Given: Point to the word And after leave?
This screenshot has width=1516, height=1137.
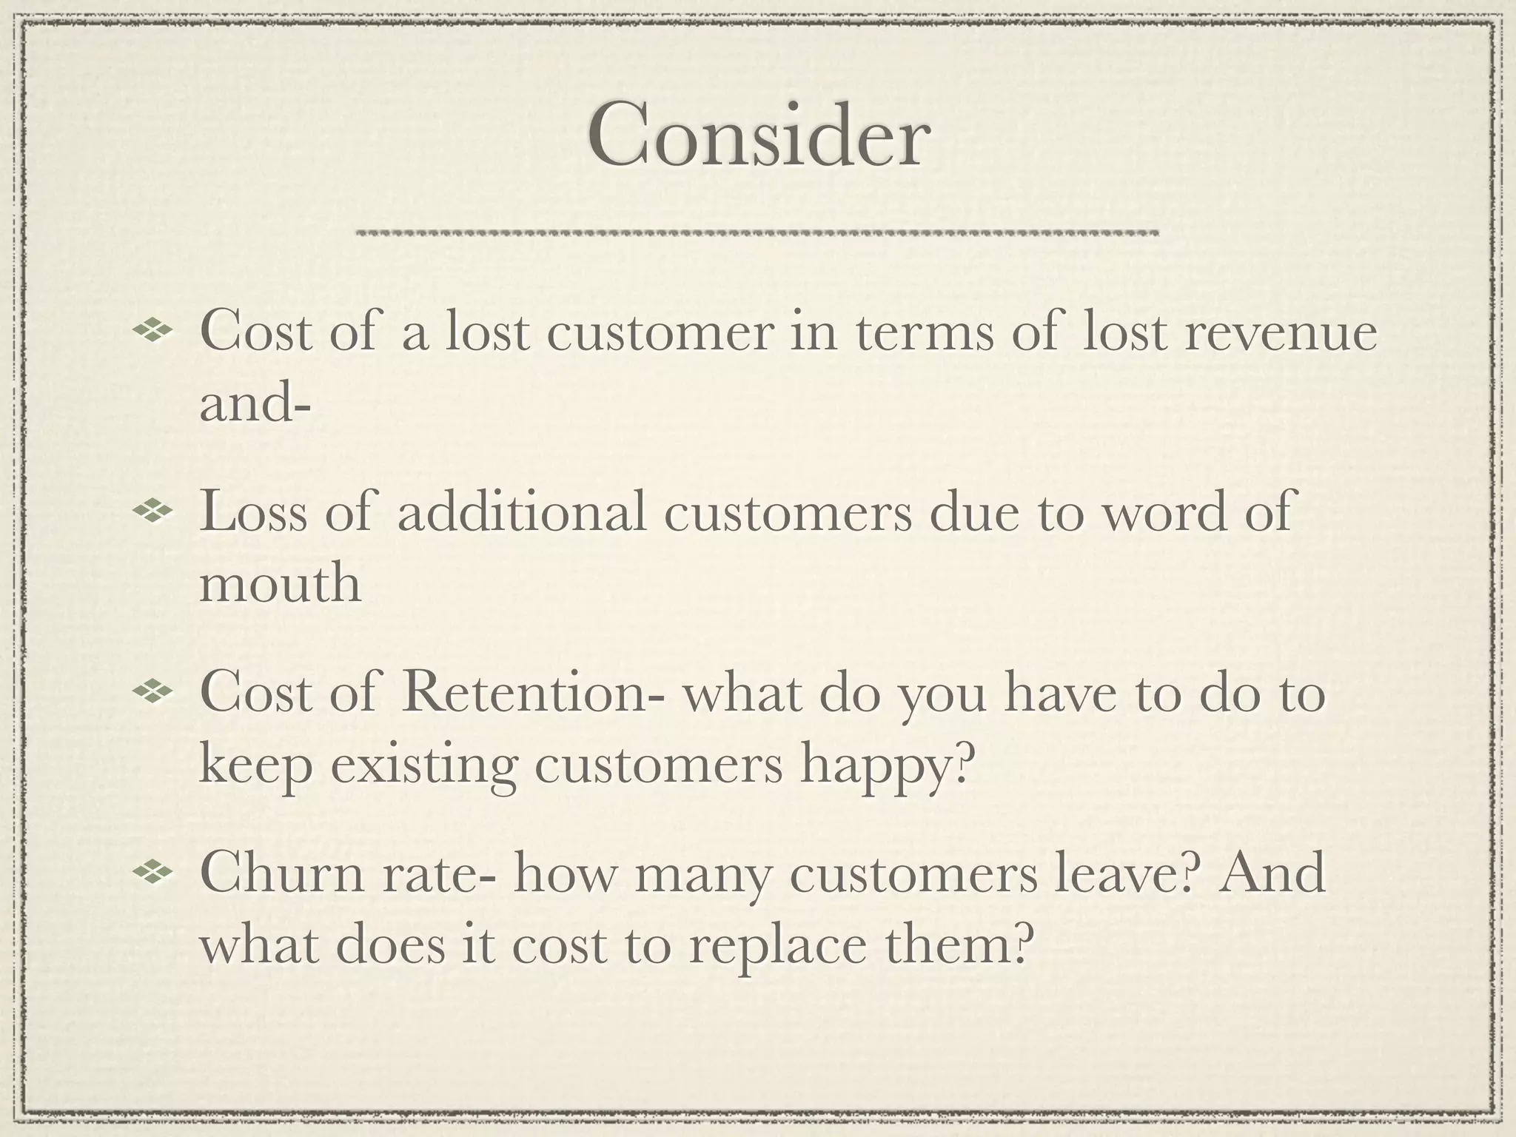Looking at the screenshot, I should coord(1272,874).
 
